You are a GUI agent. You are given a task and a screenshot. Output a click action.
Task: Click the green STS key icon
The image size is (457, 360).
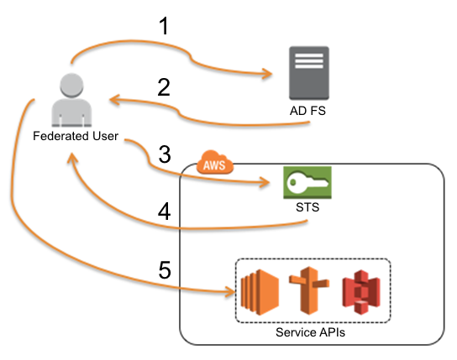coord(307,182)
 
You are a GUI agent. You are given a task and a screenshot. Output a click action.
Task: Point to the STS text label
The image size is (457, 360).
coord(307,206)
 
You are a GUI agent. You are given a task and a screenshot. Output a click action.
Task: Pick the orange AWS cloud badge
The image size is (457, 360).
coord(215,164)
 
